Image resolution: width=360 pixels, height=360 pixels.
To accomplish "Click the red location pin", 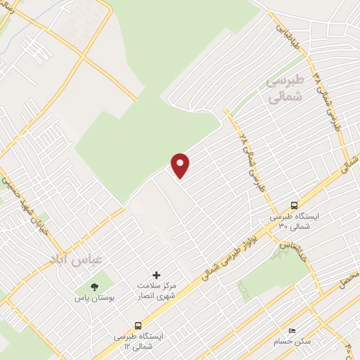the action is (181, 165).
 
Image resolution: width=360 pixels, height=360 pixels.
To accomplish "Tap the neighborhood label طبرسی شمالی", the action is (285, 89).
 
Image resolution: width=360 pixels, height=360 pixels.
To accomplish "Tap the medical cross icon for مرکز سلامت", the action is (156, 274).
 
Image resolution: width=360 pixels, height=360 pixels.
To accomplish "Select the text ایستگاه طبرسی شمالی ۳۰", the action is (294, 222).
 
